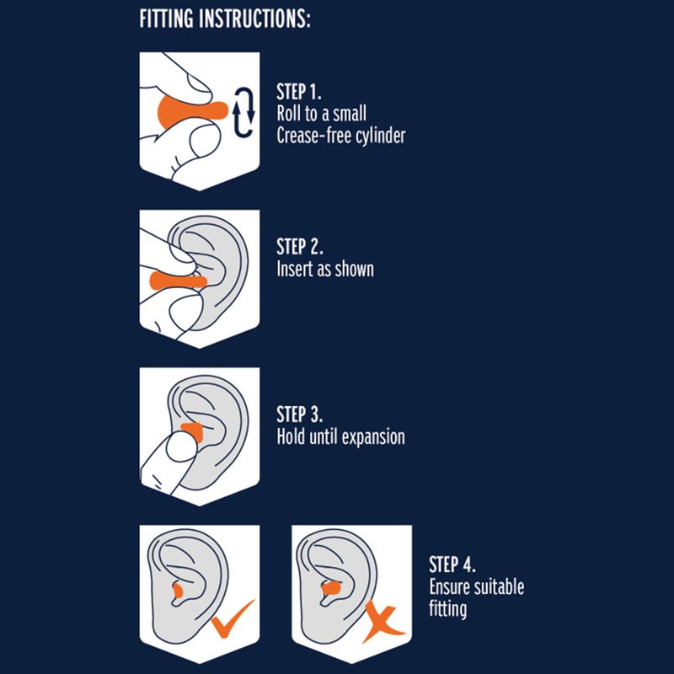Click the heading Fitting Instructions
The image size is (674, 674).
(225, 19)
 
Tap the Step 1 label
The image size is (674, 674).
(299, 92)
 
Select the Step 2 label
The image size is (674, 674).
(300, 246)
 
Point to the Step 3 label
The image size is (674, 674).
(300, 414)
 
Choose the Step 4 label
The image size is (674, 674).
(452, 564)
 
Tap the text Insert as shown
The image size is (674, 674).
(325, 269)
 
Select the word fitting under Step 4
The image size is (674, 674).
(448, 609)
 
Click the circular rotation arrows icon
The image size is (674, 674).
(243, 112)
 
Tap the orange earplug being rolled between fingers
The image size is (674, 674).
(192, 112)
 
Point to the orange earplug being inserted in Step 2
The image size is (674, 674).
(178, 281)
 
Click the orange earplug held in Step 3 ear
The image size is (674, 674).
(193, 431)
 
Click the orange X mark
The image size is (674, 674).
(383, 621)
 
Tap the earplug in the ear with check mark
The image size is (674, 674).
(177, 591)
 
